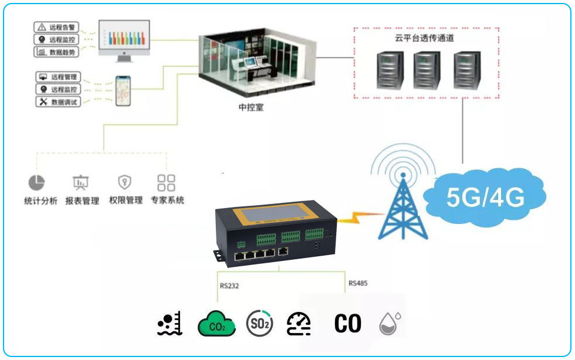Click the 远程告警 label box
tap(56, 27)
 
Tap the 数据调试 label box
tap(56, 102)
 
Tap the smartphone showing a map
tap(122, 90)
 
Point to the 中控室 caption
tap(251, 108)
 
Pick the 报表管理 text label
tap(82, 201)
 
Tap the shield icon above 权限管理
tap(125, 182)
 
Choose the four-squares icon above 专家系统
tap(167, 182)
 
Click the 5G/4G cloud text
tap(485, 198)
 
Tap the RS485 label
tap(358, 283)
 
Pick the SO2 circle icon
tap(259, 324)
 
